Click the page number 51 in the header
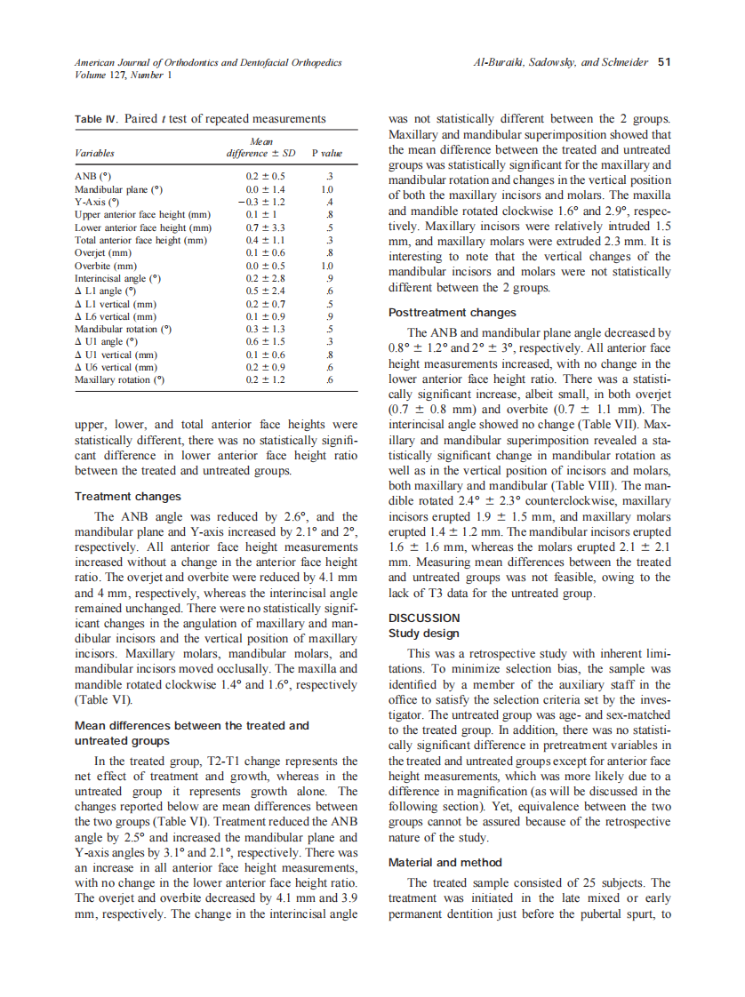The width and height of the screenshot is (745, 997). tap(663, 62)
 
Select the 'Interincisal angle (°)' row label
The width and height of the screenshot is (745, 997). tap(117, 278)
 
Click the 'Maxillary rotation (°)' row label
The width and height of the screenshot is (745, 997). tap(120, 380)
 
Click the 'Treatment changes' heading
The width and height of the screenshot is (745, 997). tap(127, 497)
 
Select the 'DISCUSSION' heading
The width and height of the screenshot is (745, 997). tap(424, 618)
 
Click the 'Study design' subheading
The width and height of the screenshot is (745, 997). tap(424, 634)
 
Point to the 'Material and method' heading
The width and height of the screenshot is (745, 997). tap(445, 862)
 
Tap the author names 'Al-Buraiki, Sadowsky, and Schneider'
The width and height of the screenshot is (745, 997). tap(562, 62)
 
